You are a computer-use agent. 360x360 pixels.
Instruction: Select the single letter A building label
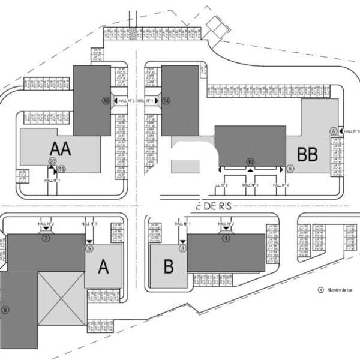[103, 268]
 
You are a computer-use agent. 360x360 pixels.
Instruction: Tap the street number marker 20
[52, 161]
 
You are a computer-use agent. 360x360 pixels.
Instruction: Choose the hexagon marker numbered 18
[61, 169]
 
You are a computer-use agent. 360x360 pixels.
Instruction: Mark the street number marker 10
[250, 162]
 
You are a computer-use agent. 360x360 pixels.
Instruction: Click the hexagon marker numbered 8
[290, 169]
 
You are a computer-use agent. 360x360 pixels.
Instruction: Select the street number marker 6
[333, 131]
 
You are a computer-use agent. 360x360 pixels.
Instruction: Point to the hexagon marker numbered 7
[46, 238]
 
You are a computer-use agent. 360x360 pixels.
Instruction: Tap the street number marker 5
[89, 247]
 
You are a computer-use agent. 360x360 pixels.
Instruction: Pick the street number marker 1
[226, 238]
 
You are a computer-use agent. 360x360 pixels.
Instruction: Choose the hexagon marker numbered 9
[5, 310]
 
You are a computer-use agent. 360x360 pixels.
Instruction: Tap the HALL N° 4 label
[281, 185]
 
